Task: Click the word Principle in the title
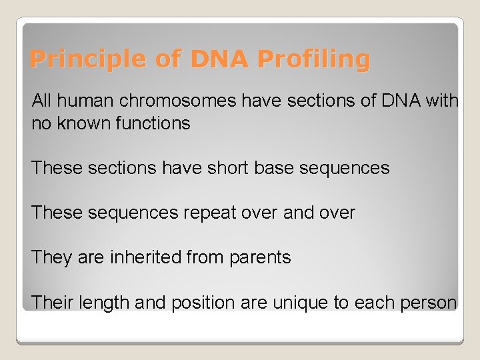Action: coord(75,60)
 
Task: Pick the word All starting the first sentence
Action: coord(41,101)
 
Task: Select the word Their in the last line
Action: coord(53,303)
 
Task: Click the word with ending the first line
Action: coord(443,101)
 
